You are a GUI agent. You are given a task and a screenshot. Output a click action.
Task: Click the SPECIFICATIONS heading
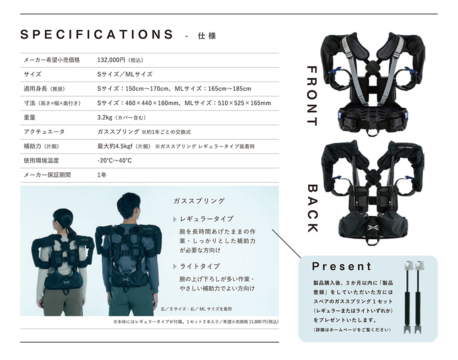(x=97, y=34)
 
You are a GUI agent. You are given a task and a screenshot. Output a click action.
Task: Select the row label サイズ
(x=33, y=74)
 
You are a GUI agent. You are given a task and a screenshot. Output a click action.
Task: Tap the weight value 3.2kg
(x=105, y=117)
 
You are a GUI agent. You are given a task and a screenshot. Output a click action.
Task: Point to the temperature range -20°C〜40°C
(x=114, y=160)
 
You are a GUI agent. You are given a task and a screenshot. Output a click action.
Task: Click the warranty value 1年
(x=102, y=175)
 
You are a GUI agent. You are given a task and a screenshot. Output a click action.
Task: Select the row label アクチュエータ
(x=44, y=132)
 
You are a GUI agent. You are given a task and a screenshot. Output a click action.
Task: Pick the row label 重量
(x=29, y=117)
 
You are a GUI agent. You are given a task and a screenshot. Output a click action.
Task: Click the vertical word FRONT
(x=312, y=96)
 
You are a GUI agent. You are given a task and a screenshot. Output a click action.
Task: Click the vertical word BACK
(x=312, y=208)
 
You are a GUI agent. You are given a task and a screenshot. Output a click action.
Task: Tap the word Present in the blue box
(x=342, y=266)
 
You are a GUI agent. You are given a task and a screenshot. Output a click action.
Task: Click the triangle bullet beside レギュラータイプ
(x=175, y=219)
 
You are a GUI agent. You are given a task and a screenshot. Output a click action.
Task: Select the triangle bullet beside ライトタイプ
(x=175, y=267)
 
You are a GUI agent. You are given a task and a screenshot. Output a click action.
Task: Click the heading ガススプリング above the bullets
(x=199, y=201)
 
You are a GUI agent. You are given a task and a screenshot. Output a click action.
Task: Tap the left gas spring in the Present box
(x=408, y=297)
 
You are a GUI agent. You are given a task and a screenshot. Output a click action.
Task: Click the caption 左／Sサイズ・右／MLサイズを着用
(x=196, y=309)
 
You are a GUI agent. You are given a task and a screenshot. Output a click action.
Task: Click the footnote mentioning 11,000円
(x=196, y=322)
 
